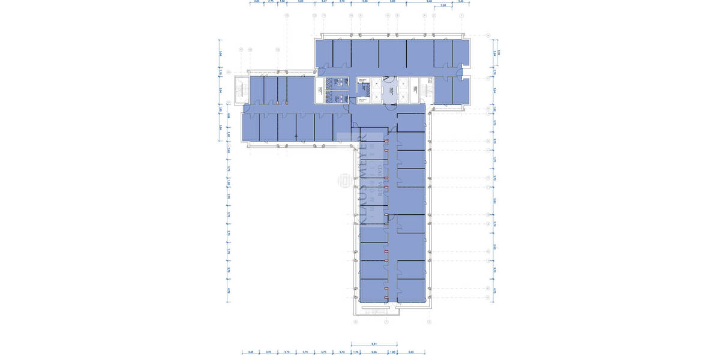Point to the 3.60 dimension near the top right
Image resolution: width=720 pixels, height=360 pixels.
[443, 6]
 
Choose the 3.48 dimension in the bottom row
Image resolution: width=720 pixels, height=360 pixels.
[251, 352]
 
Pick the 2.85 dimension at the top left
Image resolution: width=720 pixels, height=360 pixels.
[257, 2]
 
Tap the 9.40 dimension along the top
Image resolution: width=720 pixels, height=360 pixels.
[428, 2]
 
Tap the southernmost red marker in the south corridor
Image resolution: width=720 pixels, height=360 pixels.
[386, 299]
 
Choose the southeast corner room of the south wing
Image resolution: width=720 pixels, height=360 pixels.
[412, 290]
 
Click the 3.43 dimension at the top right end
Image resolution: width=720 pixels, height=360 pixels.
[460, 2]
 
